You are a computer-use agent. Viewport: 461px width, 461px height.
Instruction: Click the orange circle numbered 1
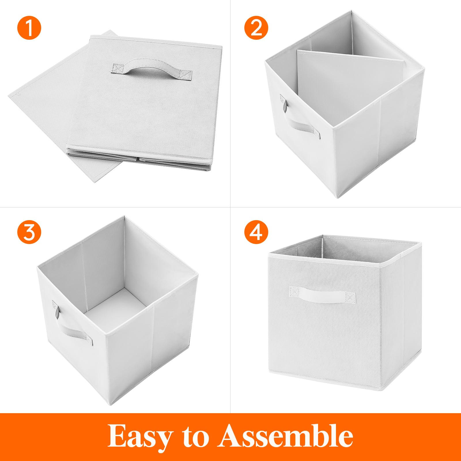(x=29, y=28)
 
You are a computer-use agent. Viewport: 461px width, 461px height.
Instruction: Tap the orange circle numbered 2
(x=256, y=28)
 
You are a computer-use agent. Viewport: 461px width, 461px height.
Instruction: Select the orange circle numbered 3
(x=29, y=232)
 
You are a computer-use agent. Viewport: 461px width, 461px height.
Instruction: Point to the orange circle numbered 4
(x=256, y=232)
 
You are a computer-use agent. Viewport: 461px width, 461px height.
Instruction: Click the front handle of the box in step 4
(x=322, y=295)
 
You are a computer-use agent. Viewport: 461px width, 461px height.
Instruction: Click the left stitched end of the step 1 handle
(x=117, y=69)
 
